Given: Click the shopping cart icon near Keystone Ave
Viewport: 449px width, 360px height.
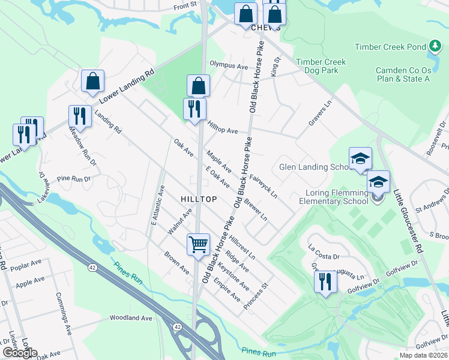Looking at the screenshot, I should click(198, 244).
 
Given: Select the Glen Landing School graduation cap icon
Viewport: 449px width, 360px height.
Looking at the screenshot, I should click(360, 159).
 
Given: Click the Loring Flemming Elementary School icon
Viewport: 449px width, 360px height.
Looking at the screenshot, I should click(378, 182).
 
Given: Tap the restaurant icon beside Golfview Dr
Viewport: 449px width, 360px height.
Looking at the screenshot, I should click(325, 281).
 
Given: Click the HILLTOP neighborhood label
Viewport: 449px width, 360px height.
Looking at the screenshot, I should click(198, 199).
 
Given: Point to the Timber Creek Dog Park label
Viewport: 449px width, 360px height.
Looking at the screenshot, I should click(321, 66).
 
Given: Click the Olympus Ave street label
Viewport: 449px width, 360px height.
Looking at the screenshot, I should click(229, 66).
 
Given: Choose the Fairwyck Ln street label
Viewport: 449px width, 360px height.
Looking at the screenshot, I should click(264, 187).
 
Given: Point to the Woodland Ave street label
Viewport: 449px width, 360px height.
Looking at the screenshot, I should click(131, 318).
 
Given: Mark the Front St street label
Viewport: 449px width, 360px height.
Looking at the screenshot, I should click(185, 5).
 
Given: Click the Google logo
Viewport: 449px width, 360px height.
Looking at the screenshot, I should click(19, 353).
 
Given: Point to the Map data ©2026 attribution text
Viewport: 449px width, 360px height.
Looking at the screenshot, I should click(423, 355).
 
